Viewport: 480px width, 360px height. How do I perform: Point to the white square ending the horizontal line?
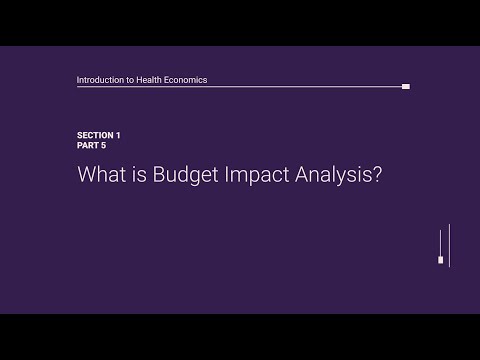(x=405, y=87)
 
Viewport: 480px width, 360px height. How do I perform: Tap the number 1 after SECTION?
(x=118, y=134)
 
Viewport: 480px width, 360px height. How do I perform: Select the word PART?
(x=88, y=145)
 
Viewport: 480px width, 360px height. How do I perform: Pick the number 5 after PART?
(x=103, y=145)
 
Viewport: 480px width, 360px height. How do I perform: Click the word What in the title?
(x=99, y=174)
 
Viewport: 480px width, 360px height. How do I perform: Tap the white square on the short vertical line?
(x=440, y=259)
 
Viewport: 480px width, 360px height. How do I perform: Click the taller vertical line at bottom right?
(x=449, y=245)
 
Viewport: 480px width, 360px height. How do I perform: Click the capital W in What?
(x=86, y=174)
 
